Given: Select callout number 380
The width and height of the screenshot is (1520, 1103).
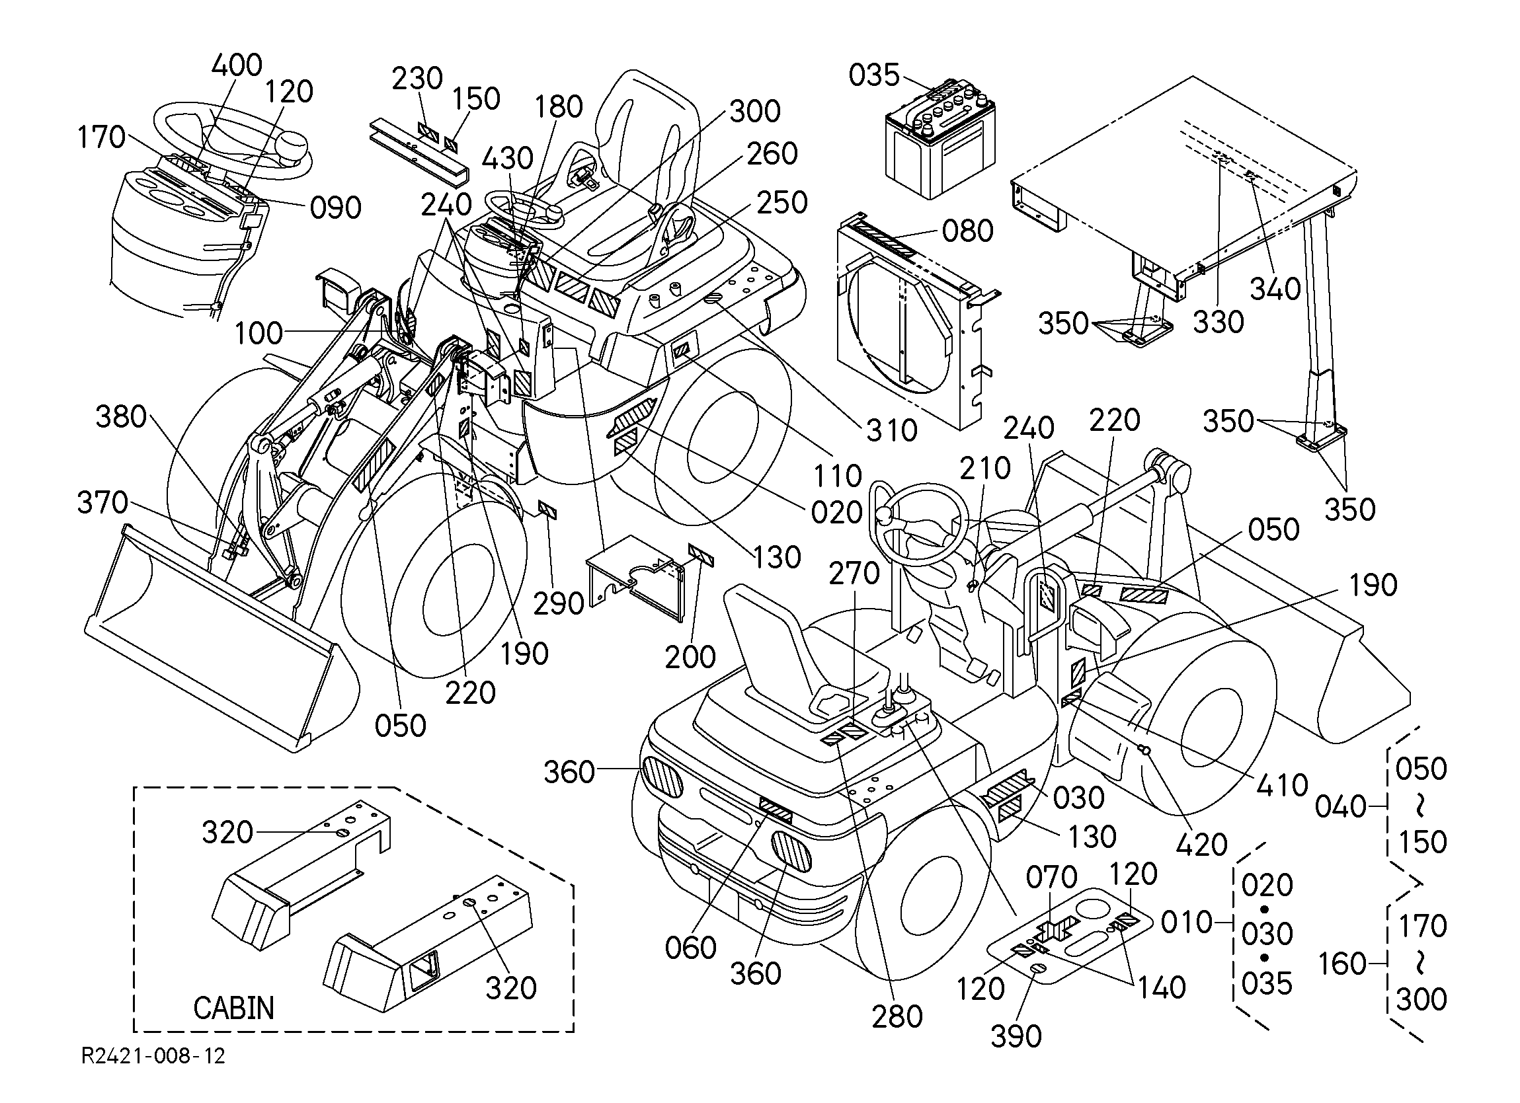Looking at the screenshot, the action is pyautogui.click(x=120, y=417).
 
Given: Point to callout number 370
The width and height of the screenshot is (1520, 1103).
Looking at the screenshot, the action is pyautogui.click(x=102, y=502).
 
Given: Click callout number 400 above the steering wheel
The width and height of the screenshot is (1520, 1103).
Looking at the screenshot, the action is pyautogui.click(x=237, y=65).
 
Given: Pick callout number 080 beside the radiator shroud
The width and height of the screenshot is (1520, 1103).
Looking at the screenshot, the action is pyautogui.click(x=968, y=231).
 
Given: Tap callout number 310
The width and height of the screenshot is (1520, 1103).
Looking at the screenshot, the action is pyautogui.click(x=892, y=430).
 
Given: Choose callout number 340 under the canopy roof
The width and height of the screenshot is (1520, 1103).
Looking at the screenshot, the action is pyautogui.click(x=1275, y=289).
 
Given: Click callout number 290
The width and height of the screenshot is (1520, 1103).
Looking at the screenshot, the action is pyautogui.click(x=558, y=604).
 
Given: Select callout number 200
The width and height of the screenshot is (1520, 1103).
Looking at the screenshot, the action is pyautogui.click(x=690, y=658).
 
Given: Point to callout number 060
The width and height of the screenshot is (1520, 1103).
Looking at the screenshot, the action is pyautogui.click(x=691, y=948).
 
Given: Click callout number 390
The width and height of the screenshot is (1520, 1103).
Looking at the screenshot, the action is pyautogui.click(x=1016, y=1036).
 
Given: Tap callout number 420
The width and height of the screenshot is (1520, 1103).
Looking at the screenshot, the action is pyautogui.click(x=1202, y=845).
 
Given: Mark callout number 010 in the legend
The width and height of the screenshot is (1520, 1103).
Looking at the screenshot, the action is pyautogui.click(x=1186, y=923).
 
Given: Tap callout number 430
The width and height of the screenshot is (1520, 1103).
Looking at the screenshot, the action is pyautogui.click(x=508, y=159).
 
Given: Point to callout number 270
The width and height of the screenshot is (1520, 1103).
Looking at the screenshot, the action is pyautogui.click(x=854, y=573).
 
